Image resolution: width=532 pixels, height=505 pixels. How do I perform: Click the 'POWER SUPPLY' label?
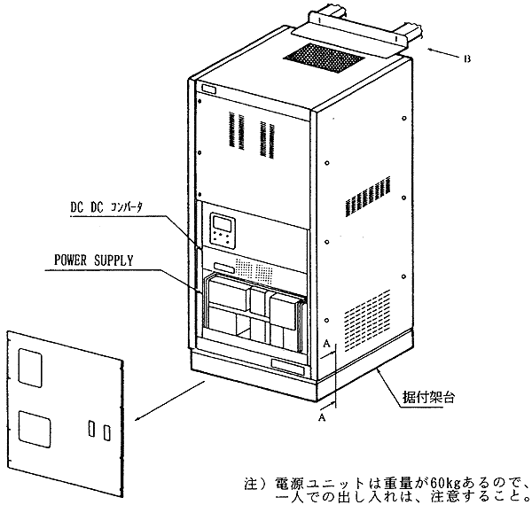coord(94,260)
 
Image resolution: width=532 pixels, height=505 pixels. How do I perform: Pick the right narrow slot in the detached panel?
coord(106,432)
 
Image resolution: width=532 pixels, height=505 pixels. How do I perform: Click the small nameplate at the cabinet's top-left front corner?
coord(207,89)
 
